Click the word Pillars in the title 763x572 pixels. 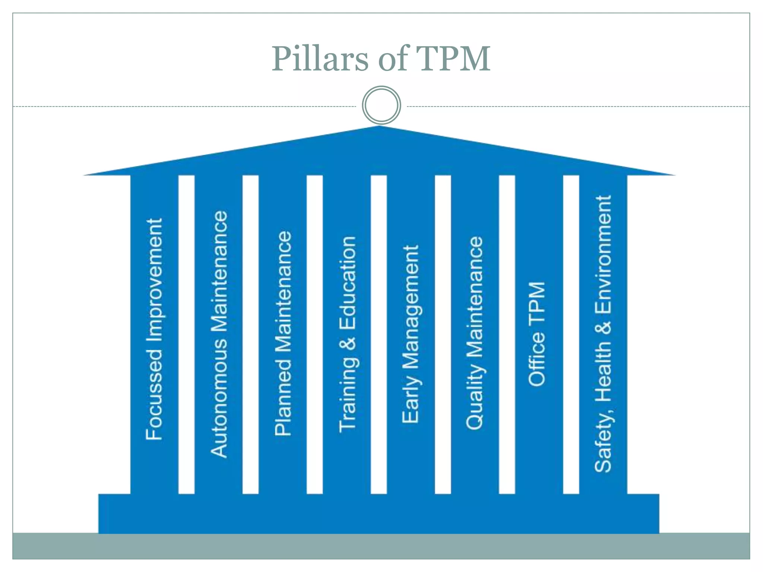[x=320, y=58]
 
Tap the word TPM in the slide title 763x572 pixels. [x=452, y=58]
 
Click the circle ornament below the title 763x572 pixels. [x=381, y=105]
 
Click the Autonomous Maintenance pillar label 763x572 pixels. [x=219, y=334]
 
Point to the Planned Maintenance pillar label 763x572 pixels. [x=283, y=333]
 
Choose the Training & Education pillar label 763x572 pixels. [x=347, y=334]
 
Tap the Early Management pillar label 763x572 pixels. [x=411, y=334]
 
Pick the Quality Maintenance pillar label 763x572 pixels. [x=475, y=333]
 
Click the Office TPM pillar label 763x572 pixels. [x=537, y=334]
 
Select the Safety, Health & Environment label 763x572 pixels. [x=603, y=334]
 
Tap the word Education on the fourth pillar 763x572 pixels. [x=347, y=284]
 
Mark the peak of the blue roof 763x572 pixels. [x=379, y=127]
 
